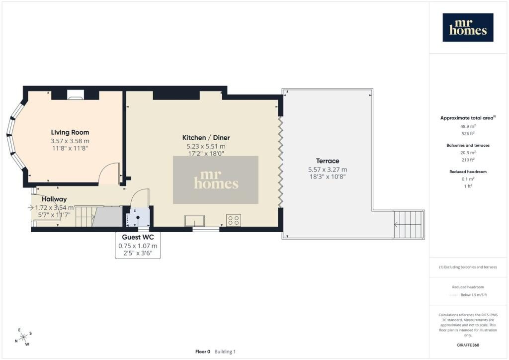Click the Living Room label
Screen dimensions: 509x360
point(70,132)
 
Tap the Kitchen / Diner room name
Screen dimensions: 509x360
point(206,138)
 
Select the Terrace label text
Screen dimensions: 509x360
point(328,161)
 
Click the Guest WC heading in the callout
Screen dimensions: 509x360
point(138,237)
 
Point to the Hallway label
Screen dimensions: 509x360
point(54,199)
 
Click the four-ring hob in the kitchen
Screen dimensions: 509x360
point(234,220)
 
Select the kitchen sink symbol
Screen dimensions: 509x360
point(194,221)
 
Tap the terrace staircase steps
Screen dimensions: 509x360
point(408,225)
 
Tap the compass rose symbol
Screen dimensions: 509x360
point(23,338)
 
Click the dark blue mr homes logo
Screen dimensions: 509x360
point(468,27)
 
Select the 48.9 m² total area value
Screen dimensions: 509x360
point(468,126)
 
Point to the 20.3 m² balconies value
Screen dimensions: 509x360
point(468,153)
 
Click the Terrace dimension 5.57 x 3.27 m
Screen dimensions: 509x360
point(328,170)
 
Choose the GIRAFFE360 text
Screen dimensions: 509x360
point(468,345)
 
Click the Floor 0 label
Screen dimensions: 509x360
point(203,352)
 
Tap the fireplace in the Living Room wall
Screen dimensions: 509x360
point(76,95)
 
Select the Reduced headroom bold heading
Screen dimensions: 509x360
point(468,172)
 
